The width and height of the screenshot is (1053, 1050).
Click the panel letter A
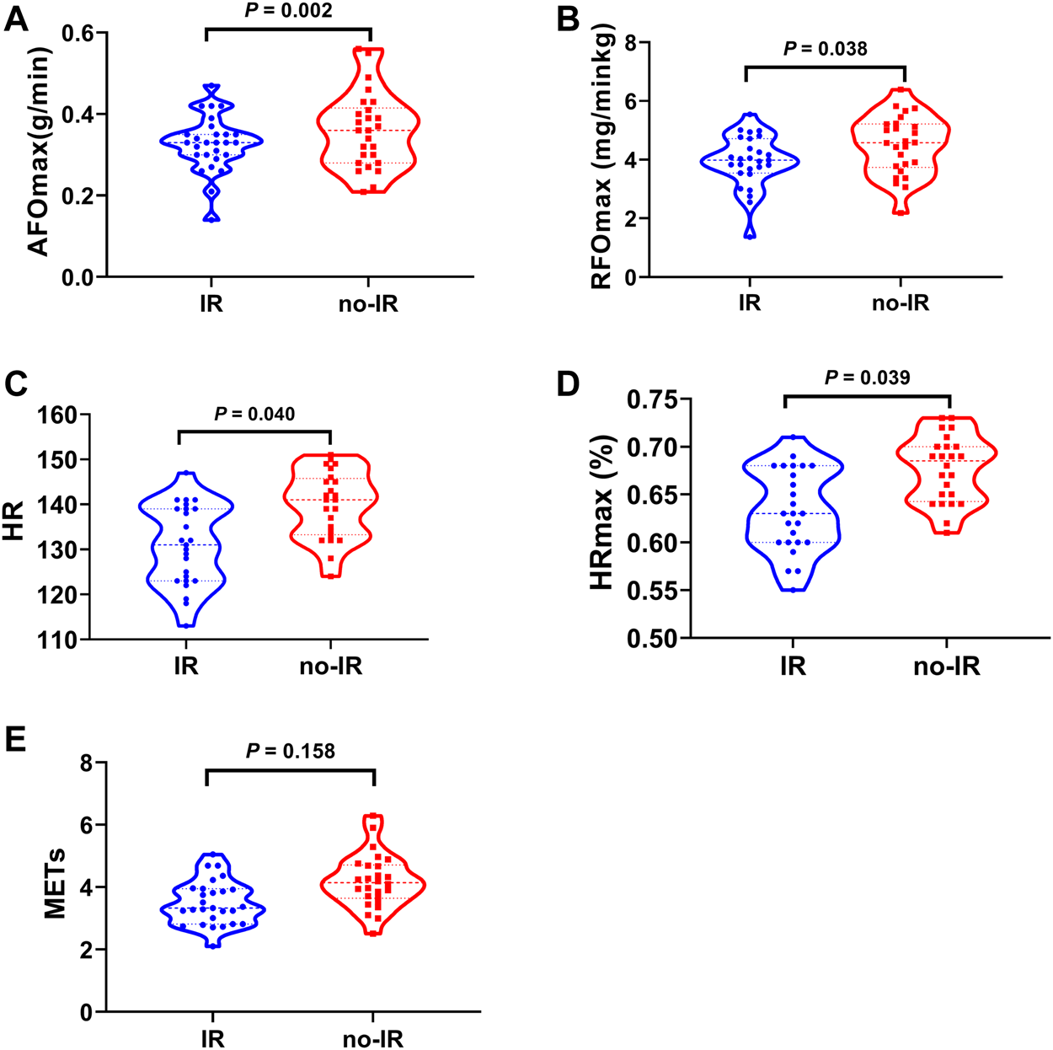[16, 19]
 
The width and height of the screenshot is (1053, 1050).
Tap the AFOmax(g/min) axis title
[40, 152]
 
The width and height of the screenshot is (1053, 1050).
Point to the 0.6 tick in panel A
[81, 33]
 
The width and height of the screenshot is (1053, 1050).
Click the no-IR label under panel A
[368, 303]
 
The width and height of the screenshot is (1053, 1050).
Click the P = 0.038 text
[825, 49]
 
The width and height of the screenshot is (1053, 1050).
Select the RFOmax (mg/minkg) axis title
[601, 158]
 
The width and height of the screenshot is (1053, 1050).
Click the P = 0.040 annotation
[254, 414]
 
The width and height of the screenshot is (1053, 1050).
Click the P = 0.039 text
[867, 378]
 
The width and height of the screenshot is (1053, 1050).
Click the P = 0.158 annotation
[290, 750]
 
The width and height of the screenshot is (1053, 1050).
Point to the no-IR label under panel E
[372, 1039]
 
